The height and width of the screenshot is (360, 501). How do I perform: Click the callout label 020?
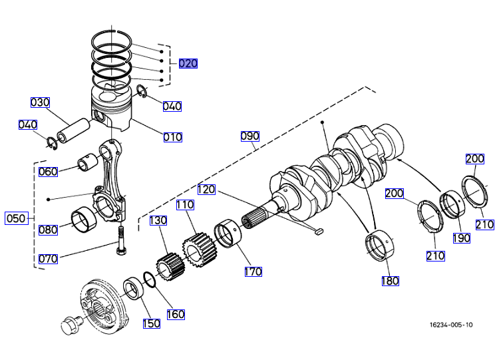(x=188, y=64)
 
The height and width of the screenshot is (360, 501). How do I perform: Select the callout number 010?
(x=172, y=137)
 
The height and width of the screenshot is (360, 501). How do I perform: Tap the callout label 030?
(x=40, y=102)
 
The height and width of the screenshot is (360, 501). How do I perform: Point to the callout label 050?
(x=15, y=218)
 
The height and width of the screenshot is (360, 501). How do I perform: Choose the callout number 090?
(x=250, y=136)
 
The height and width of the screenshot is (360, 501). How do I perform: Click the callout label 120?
(x=206, y=190)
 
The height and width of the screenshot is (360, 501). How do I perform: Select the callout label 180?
(x=390, y=281)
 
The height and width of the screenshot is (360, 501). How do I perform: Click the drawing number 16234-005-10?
(x=451, y=325)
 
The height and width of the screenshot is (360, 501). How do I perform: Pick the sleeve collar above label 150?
(x=136, y=290)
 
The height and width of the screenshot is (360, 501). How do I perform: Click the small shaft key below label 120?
(x=318, y=232)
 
